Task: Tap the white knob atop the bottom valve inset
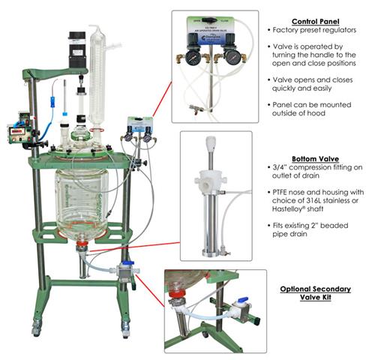211,142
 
